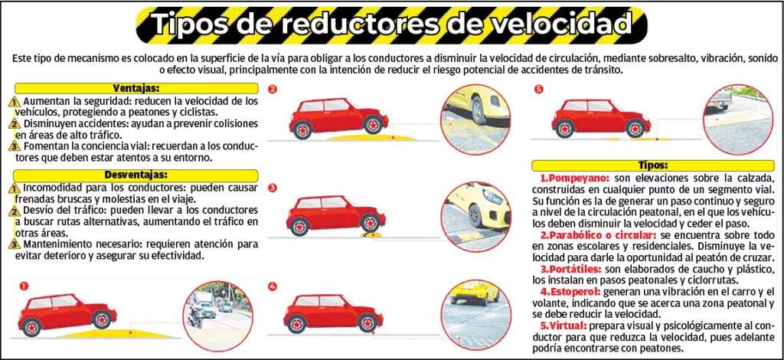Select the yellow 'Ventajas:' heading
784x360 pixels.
coord(136,88)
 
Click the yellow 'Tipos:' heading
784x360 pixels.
coord(652,165)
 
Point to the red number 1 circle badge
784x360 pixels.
coord(24,286)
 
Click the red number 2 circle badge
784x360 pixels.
coord(273,89)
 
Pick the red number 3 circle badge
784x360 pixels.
coord(273,188)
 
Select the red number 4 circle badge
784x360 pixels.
coord(273,286)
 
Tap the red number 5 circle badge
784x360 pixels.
coord(538,89)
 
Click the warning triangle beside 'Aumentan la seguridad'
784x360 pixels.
coord(15,102)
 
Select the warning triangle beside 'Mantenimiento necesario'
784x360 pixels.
coord(15,244)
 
